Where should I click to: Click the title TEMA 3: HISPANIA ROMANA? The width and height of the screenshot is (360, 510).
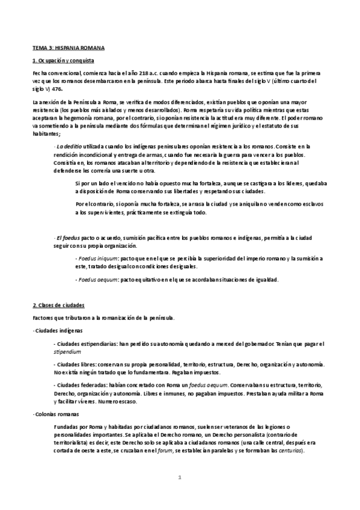click(69, 48)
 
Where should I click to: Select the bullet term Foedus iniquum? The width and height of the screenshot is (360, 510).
click(98, 258)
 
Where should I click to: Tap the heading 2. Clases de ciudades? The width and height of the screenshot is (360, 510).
click(58, 306)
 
